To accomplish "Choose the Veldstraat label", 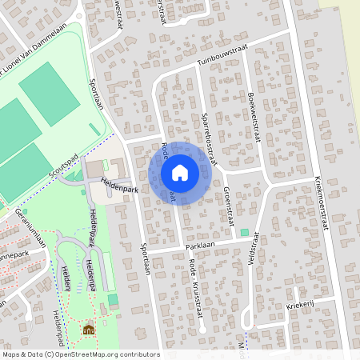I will tap(255, 250).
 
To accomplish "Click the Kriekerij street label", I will tap(298, 306).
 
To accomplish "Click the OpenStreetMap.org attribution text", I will tap(102, 354).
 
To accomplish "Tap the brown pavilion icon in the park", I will tap(88, 329).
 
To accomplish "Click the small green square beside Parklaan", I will tap(244, 232).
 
